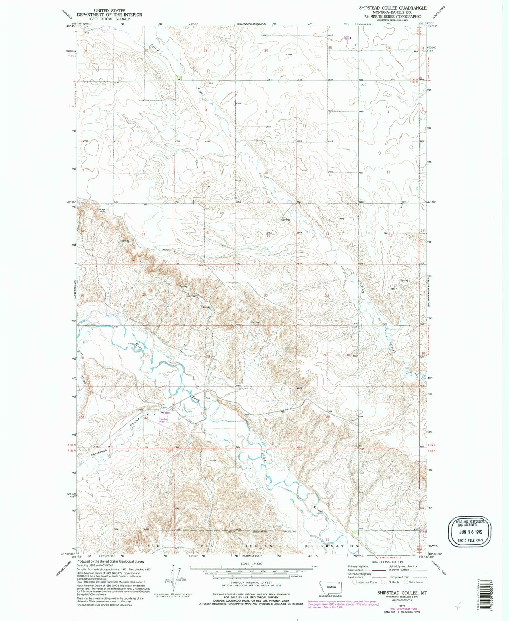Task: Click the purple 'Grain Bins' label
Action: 347,37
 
